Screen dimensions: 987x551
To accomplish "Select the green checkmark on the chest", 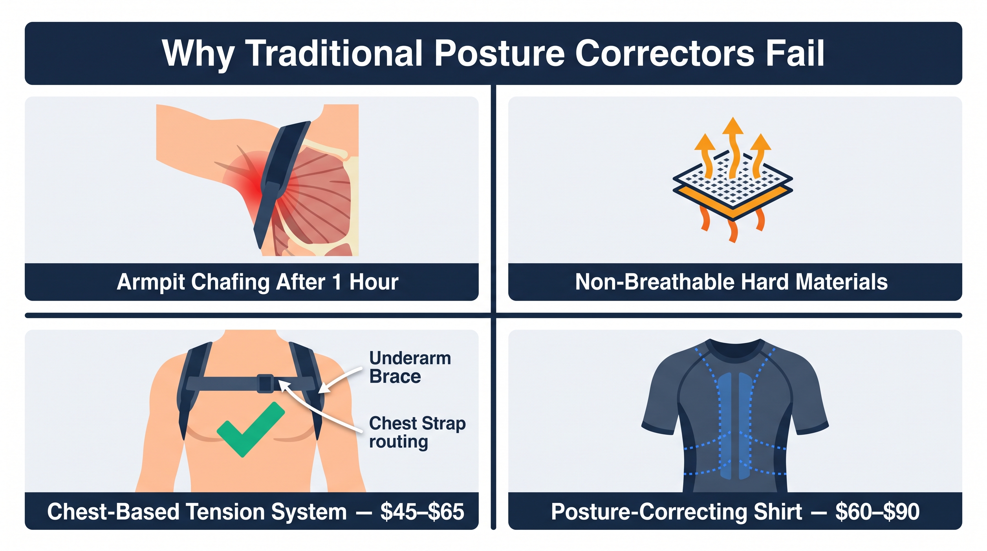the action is pos(251,429).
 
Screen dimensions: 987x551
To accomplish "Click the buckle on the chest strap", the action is pos(265,383).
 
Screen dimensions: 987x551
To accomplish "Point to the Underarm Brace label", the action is pos(410,367).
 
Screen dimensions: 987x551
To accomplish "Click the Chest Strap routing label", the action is pos(417,432).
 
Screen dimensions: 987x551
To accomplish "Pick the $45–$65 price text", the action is pos(422,512).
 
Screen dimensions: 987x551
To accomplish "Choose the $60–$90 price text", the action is pos(877,512).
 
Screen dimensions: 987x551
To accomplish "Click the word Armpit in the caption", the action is pos(151,282).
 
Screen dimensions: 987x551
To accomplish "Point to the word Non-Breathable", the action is pos(655,282).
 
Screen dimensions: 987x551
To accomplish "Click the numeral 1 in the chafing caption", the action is pos(337,282).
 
